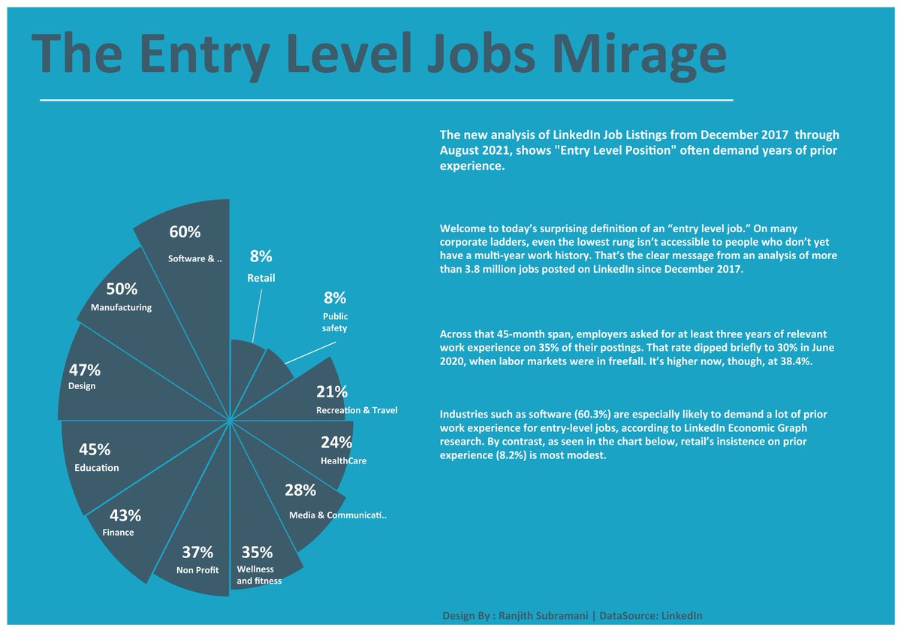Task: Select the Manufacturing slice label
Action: pyautogui.click(x=121, y=307)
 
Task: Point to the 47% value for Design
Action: pyautogui.click(x=84, y=370)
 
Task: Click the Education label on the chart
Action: pyautogui.click(x=96, y=468)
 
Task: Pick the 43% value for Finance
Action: pyautogui.click(x=125, y=515)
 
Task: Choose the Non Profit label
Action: pyautogui.click(x=197, y=570)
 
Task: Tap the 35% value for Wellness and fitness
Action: pyautogui.click(x=256, y=552)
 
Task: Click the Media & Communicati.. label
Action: pyautogui.click(x=338, y=515)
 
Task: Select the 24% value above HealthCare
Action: pyautogui.click(x=336, y=442)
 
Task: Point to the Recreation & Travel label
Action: pyautogui.click(x=357, y=410)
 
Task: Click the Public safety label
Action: pyautogui.click(x=335, y=322)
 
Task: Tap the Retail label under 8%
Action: pyautogui.click(x=261, y=278)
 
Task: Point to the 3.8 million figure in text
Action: pyautogui.click(x=496, y=269)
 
